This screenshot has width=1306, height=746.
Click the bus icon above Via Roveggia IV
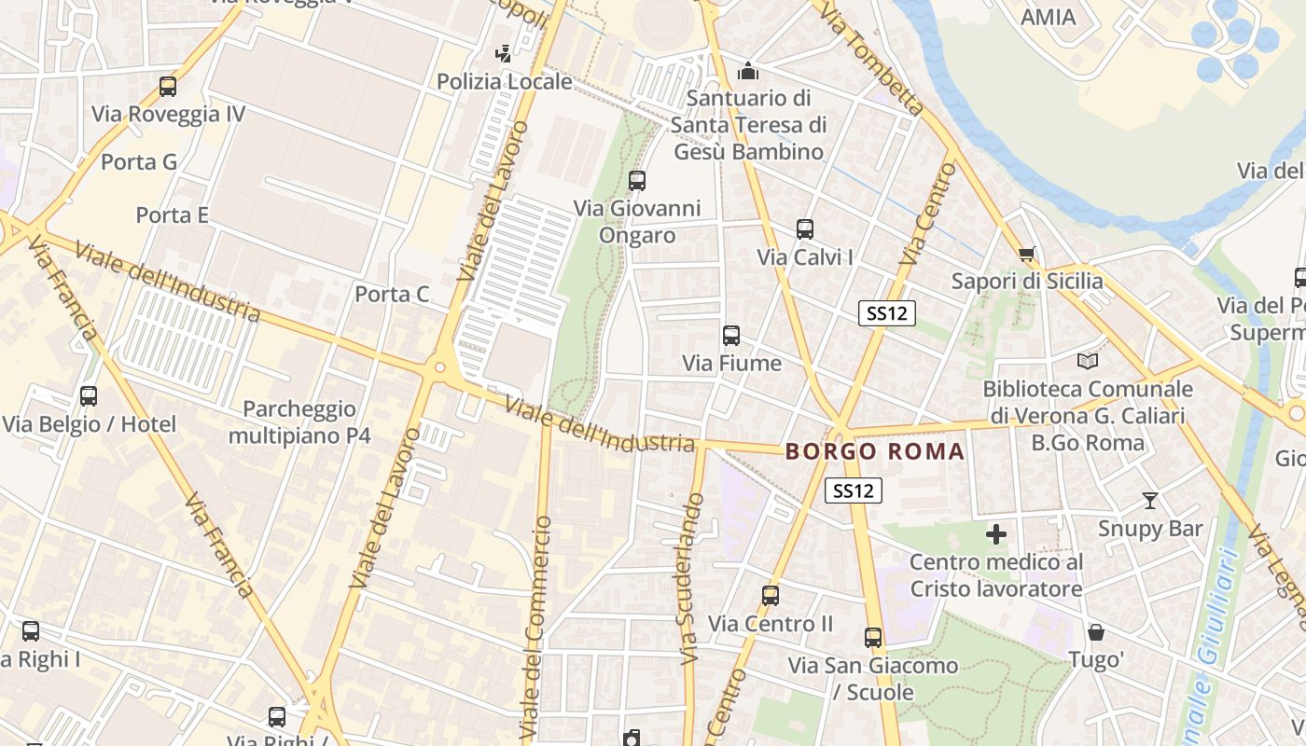pos(168,87)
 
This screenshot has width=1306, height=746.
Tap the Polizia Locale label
pos(505,81)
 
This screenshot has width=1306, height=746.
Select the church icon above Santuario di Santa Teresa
pos(748,71)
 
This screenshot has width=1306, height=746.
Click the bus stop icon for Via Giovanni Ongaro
pos(637,181)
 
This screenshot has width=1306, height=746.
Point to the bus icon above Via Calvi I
pos(805,229)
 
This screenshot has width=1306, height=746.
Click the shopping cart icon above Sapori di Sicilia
pos(1027,254)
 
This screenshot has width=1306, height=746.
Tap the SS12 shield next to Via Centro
pos(887,313)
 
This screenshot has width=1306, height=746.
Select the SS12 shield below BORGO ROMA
pos(854,490)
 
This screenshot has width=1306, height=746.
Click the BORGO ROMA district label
pos(875,452)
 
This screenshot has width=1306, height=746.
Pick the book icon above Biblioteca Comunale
pos(1088,361)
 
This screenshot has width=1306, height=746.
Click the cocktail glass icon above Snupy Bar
pos(1150,501)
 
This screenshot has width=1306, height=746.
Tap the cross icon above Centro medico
pos(996,534)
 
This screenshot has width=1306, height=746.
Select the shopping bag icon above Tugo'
pos(1096,632)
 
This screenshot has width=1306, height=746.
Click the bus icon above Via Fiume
pos(731,336)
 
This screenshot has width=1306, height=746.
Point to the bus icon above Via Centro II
pos(771,596)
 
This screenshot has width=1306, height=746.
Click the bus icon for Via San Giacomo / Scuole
pos(873,638)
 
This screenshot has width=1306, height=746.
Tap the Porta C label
pos(392,295)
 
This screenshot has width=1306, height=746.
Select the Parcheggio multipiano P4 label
pos(299,422)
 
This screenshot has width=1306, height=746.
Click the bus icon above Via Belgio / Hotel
pos(89,396)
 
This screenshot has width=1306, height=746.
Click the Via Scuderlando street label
pos(691,578)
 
